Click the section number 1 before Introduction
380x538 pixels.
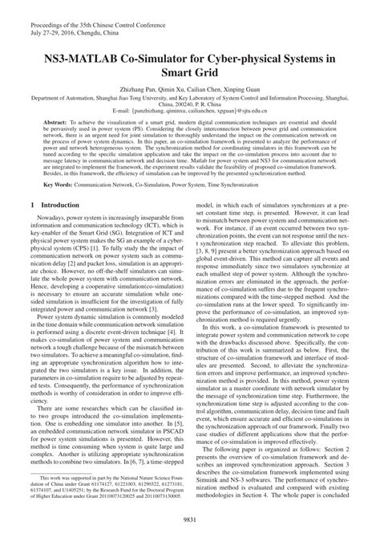31,206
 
